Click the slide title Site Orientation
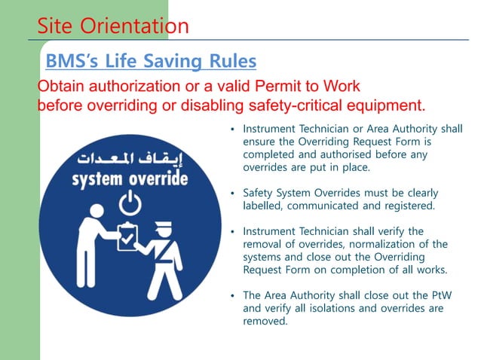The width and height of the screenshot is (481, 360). pyautogui.click(x=113, y=26)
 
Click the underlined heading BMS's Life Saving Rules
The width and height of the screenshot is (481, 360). pyautogui.click(x=151, y=60)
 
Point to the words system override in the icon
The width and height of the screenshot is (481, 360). pyautogui.click(x=130, y=180)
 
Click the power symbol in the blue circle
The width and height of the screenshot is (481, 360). pyautogui.click(x=130, y=203)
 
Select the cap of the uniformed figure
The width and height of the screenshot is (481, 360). pyautogui.click(x=164, y=224)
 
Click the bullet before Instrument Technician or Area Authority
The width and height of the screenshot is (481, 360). pyautogui.click(x=234, y=130)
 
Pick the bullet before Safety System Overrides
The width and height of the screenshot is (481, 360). pyautogui.click(x=234, y=193)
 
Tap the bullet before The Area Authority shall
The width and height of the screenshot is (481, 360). pyautogui.click(x=234, y=295)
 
